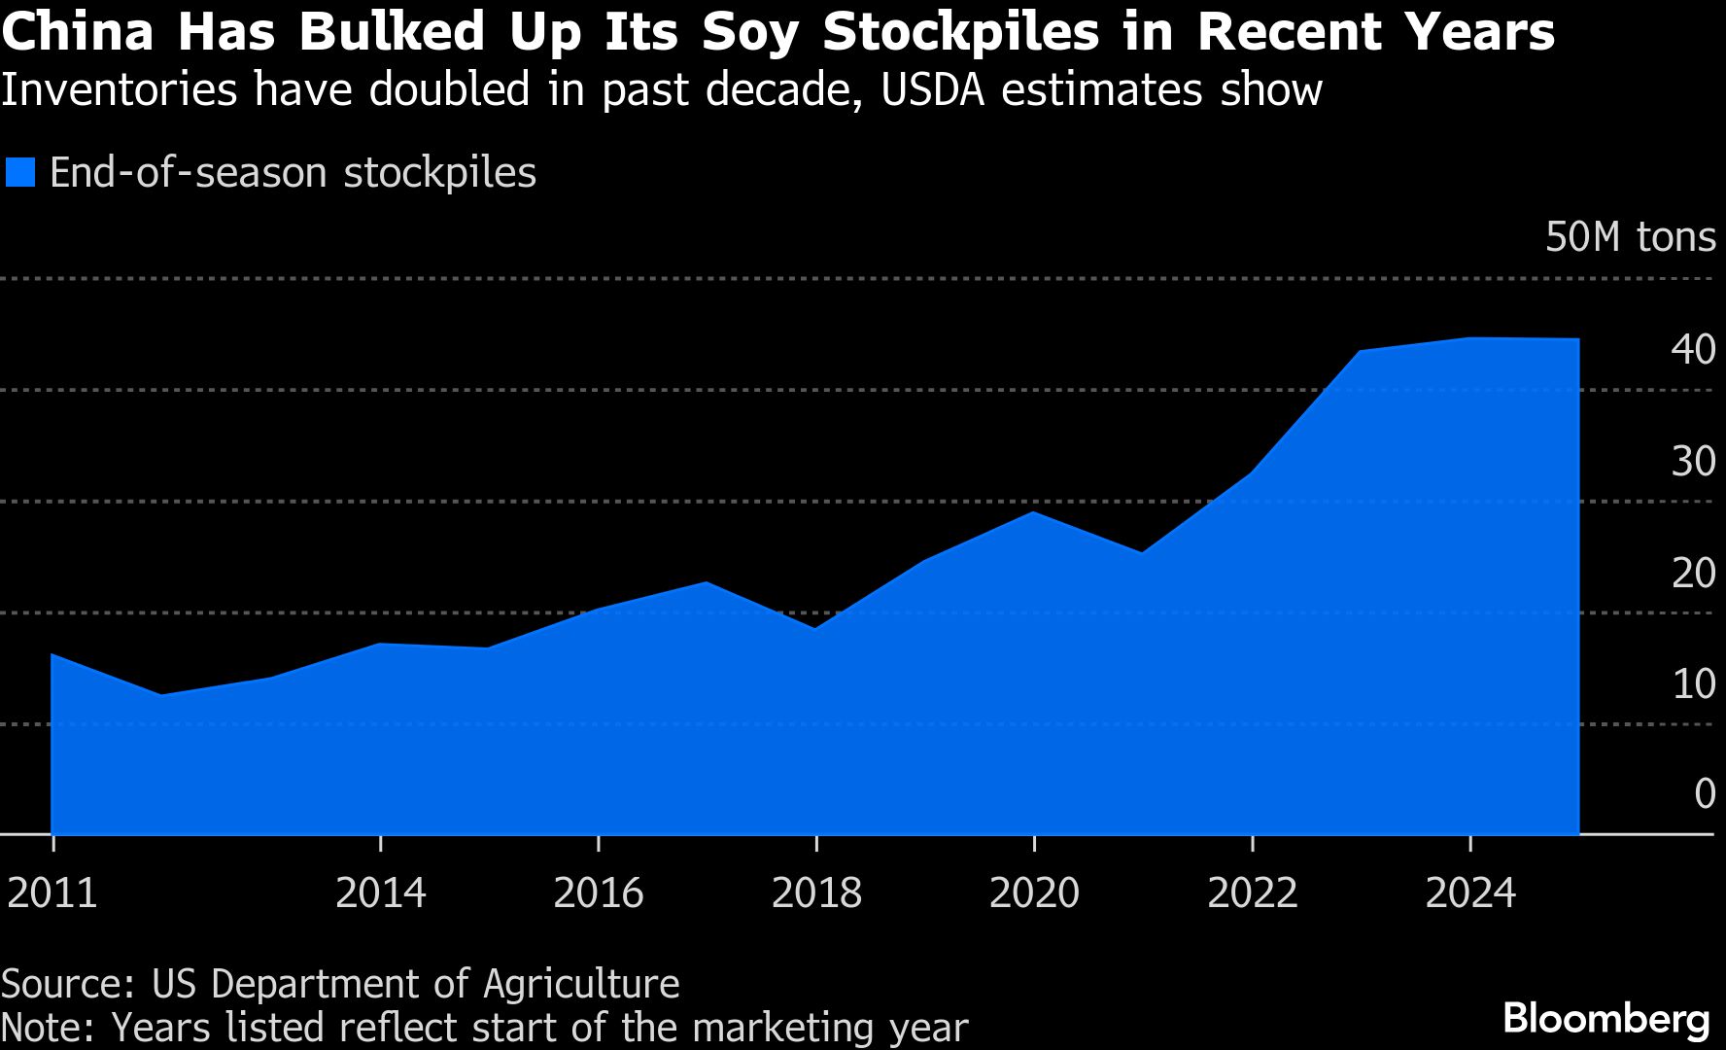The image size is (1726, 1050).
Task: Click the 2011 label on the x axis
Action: (52, 892)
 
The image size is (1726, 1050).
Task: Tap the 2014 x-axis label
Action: (380, 892)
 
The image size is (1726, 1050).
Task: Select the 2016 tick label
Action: (598, 892)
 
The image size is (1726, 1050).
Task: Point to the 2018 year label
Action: (816, 892)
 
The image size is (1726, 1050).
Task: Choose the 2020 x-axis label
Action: (1034, 892)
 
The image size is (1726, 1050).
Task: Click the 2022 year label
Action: (1252, 892)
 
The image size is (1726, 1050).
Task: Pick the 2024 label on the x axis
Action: (1469, 892)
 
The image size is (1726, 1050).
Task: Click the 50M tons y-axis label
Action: (1630, 237)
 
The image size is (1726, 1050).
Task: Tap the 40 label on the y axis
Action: (1693, 349)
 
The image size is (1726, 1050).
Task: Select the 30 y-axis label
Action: (1693, 461)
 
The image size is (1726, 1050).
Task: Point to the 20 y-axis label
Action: (1693, 573)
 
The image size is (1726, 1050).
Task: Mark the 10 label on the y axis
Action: (1693, 683)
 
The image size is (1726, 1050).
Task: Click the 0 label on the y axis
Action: (1705, 794)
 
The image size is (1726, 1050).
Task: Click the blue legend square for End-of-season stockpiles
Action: (20, 173)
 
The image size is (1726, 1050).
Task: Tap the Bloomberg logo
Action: (1605, 1019)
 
